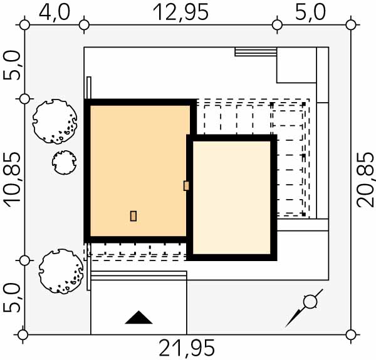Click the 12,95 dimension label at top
pyautogui.click(x=180, y=13)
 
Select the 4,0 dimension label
pyautogui.click(x=55, y=13)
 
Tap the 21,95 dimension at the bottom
pyautogui.click(x=187, y=348)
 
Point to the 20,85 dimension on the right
pyautogui.click(x=365, y=180)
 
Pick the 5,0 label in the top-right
pyautogui.click(x=310, y=13)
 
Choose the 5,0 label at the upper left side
pyautogui.click(x=12, y=65)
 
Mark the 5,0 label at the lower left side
pyautogui.click(x=12, y=297)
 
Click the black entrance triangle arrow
pyautogui.click(x=138, y=317)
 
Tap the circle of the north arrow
pyautogui.click(x=310, y=302)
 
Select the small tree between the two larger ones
pyautogui.click(x=65, y=162)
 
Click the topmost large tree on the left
pyautogui.click(x=55, y=121)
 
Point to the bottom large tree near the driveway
pyautogui.click(x=61, y=271)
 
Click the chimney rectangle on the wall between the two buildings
pyautogui.click(x=186, y=185)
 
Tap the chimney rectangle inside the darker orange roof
pyautogui.click(x=133, y=216)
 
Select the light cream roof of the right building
pyautogui.click(x=232, y=197)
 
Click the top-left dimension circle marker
pyautogui.click(x=24, y=25)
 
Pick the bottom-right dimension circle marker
pyautogui.click(x=351, y=334)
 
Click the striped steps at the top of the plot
pyautogui.click(x=256, y=52)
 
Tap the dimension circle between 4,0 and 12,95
pyautogui.click(x=84, y=25)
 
